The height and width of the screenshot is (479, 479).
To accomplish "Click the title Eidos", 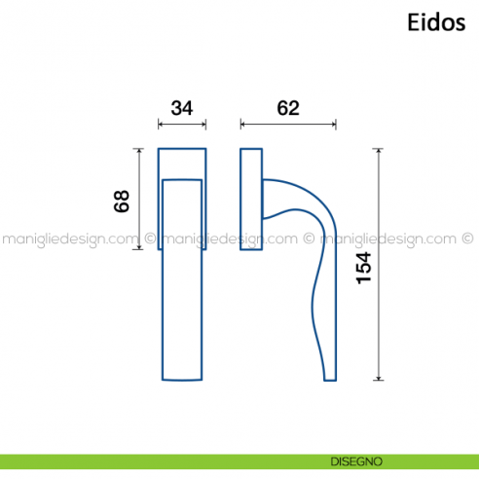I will [435, 23].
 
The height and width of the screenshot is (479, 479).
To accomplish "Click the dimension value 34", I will [182, 108].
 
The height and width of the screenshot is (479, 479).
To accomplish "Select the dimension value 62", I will [288, 108].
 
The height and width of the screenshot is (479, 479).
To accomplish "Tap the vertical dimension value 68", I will [122, 201].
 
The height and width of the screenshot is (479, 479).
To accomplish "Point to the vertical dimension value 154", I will [364, 267].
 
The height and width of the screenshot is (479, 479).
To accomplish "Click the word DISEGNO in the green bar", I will [354, 461].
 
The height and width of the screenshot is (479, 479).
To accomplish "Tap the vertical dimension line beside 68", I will [141, 200].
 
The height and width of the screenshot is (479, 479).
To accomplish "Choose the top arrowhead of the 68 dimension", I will [141, 152].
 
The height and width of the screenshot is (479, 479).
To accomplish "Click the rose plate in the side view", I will [251, 200].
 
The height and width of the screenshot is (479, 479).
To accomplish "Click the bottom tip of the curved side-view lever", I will [330, 377].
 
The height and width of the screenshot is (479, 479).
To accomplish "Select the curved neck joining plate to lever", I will [292, 195].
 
